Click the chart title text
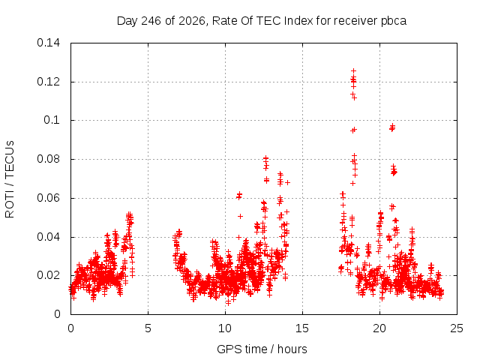(x=262, y=21)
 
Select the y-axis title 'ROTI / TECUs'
(x=10, y=179)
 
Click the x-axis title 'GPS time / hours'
(x=262, y=349)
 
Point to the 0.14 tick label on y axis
(x=48, y=43)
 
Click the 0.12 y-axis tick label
(x=48, y=82)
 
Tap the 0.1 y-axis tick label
(x=52, y=120)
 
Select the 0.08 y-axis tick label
(x=48, y=159)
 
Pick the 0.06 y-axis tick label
(x=48, y=198)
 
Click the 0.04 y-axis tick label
(x=48, y=237)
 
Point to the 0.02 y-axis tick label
(x=48, y=275)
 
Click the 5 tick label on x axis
(x=148, y=328)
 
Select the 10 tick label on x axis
(x=225, y=328)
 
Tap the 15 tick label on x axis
(x=302, y=328)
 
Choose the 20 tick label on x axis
(x=379, y=328)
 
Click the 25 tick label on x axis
(x=457, y=328)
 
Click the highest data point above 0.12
(x=353, y=71)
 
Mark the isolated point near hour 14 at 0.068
(x=287, y=182)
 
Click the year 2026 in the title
(x=192, y=21)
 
